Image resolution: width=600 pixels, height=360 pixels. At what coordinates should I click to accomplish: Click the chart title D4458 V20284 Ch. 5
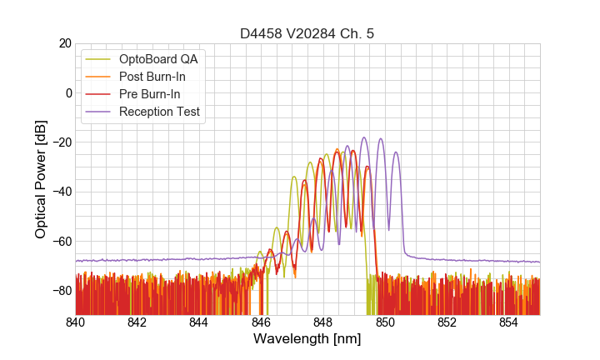click(x=307, y=33)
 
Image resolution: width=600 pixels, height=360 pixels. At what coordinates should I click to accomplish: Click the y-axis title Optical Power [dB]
click(x=41, y=178)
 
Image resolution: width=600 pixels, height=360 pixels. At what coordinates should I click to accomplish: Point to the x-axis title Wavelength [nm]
click(x=307, y=339)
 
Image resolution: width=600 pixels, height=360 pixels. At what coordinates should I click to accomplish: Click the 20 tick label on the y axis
click(x=64, y=43)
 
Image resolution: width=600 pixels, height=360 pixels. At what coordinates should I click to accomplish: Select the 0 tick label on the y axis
click(x=68, y=92)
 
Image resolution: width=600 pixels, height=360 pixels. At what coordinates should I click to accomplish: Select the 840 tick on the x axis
click(x=76, y=322)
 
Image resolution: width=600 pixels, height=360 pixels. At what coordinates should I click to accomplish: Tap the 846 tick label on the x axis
click(x=262, y=322)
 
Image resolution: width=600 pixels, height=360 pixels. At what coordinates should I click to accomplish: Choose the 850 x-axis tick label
click(x=385, y=322)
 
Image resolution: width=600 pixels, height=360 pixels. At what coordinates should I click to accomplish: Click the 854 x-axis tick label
click(x=509, y=322)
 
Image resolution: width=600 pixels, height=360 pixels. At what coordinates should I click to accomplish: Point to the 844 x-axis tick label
click(x=199, y=322)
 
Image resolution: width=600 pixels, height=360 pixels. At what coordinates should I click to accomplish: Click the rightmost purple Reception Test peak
click(x=396, y=152)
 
